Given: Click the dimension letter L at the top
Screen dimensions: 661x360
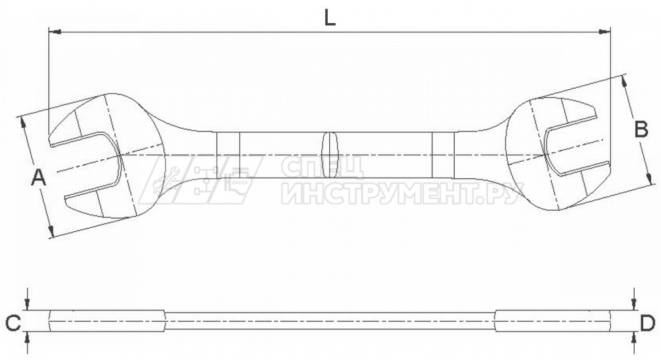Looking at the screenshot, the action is coord(330,18).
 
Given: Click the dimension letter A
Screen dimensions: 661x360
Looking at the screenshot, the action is coord(39,177).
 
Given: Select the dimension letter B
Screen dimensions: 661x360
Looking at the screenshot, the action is coord(641,129).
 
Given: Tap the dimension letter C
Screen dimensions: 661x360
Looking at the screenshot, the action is coord(13,324).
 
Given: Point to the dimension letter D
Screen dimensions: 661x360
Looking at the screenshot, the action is coord(648,324).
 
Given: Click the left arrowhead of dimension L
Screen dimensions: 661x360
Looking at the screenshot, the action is coord(55,32).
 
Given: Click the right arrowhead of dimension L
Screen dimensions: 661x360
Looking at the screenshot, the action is coord(605,32).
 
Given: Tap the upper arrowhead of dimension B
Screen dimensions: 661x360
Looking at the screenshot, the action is coord(625,82).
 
